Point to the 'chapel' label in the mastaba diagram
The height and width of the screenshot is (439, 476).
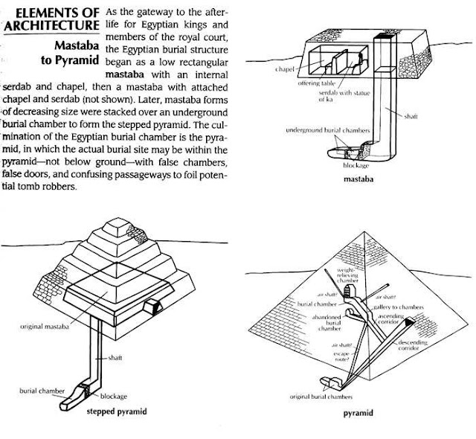(283, 68)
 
